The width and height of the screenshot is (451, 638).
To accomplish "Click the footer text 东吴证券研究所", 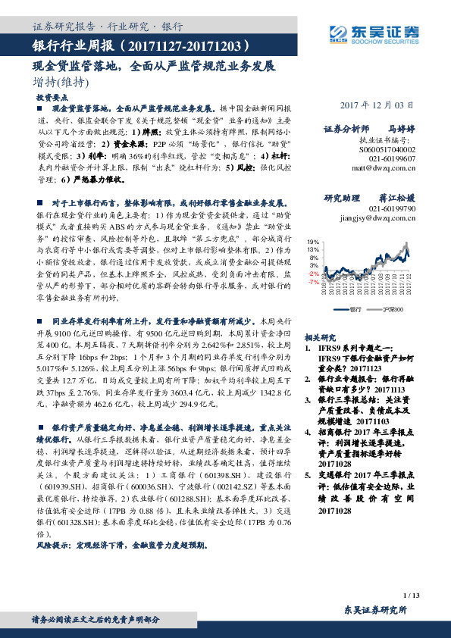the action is (x=375, y=610).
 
